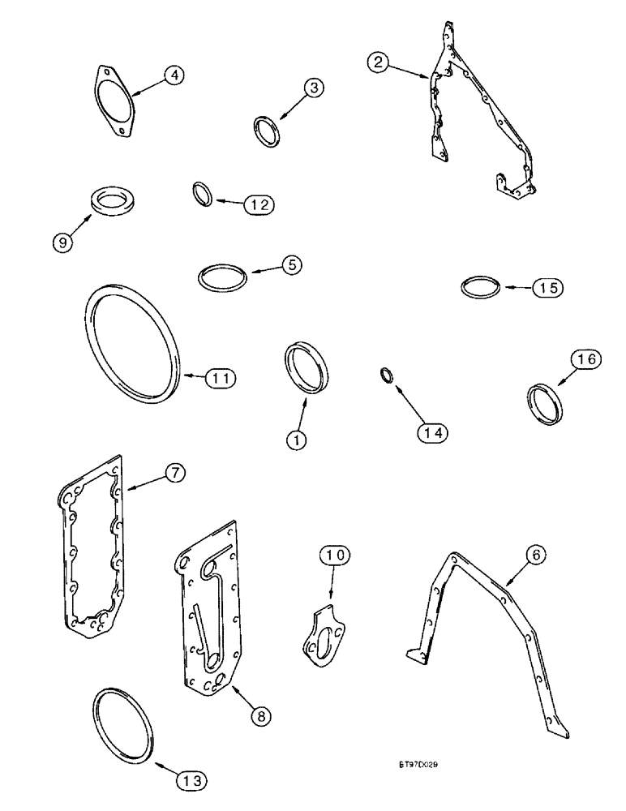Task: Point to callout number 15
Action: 547,287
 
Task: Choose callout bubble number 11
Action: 219,377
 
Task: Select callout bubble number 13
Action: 190,780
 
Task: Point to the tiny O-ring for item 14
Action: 388,375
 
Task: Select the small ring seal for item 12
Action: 203,195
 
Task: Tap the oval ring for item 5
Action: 221,276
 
